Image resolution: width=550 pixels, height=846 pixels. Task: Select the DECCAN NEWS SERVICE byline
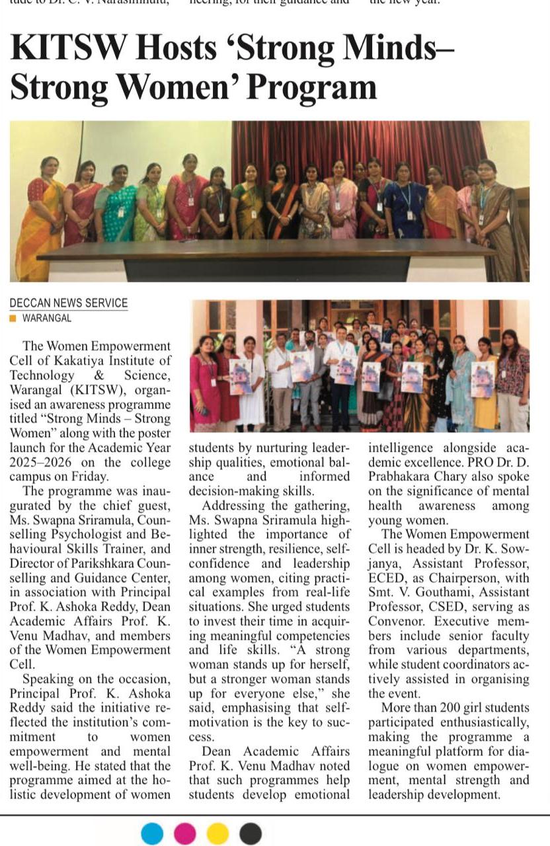pos(69,303)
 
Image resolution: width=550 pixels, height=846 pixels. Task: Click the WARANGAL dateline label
pos(47,318)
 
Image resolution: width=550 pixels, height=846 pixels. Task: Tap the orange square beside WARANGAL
pos(13,318)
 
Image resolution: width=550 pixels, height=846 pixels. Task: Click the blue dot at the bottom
pos(152,833)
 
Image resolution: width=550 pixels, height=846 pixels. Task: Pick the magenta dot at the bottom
pos(184,833)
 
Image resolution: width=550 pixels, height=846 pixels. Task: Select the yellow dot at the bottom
pos(217,833)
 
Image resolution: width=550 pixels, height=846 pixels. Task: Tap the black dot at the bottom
pos(250,833)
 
